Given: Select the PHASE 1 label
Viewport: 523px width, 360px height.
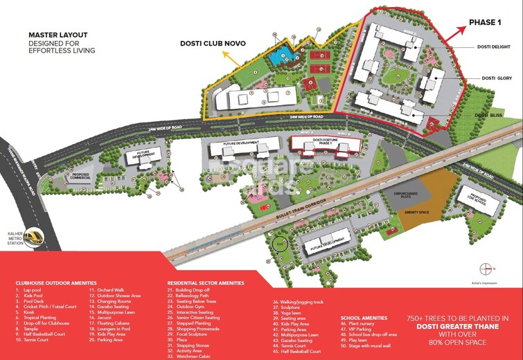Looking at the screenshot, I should (484, 22).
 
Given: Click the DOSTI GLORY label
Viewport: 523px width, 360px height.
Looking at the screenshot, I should (494, 79).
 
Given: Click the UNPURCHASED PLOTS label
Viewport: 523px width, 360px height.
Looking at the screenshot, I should (406, 195).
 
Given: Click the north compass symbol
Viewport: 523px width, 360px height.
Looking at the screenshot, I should (485, 269).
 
